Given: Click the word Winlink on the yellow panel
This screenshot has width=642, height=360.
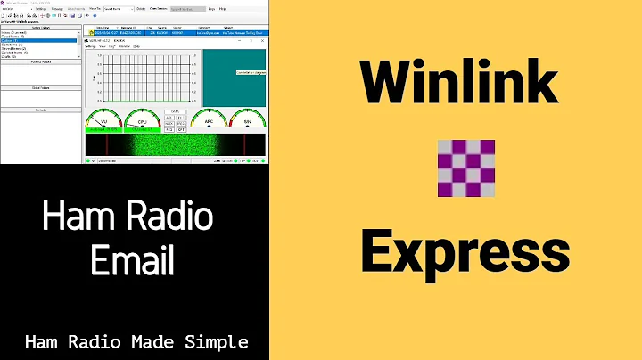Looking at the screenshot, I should [458, 86].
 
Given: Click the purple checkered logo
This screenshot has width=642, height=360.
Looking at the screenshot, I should [465, 168].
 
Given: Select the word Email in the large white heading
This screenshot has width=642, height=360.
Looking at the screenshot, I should [134, 261].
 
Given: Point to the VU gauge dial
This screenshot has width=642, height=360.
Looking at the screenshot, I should [103, 121].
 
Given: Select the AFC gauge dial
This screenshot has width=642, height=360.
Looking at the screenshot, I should [208, 121].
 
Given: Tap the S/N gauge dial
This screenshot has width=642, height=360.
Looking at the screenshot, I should [246, 121].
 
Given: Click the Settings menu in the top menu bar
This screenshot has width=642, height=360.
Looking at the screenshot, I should [40, 9].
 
